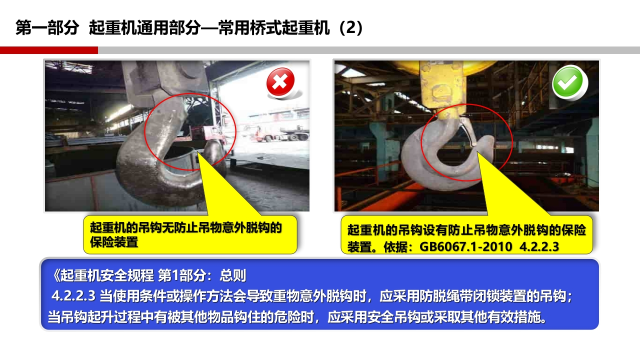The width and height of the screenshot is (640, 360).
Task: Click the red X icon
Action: click(280, 81)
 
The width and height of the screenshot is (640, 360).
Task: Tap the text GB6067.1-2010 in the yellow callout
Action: click(465, 246)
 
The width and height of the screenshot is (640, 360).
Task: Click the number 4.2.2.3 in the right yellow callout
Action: click(539, 246)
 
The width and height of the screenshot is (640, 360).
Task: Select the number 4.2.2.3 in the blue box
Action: click(73, 296)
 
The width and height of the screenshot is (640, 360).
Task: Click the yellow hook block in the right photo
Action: click(443, 88)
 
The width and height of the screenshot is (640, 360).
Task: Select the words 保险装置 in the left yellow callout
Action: click(114, 242)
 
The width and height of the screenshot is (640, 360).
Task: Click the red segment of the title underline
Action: click(49, 50)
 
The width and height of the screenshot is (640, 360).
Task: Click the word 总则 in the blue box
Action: click(233, 275)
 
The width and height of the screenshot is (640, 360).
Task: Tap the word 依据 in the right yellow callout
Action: click(395, 246)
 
